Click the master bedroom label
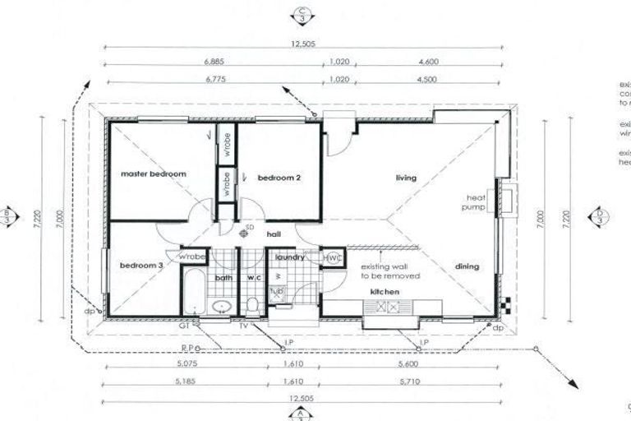click(x=154, y=174)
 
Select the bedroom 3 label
click(x=141, y=266)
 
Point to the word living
click(x=406, y=178)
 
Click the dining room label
click(x=467, y=266)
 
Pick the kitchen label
click(x=385, y=292)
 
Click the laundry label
click(x=290, y=257)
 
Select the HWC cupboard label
click(x=332, y=258)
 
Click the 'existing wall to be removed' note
click(x=390, y=272)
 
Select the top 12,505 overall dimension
click(x=303, y=42)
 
